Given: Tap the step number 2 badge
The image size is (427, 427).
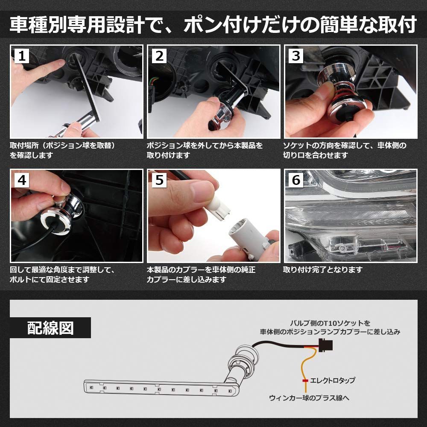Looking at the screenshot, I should (x=159, y=56).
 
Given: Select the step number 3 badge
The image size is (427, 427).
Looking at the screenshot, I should (x=296, y=56).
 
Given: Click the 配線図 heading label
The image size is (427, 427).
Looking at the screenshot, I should (x=50, y=328).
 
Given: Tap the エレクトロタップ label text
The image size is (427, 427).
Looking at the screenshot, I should (x=332, y=380).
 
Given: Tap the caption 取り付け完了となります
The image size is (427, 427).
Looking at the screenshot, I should (x=323, y=270).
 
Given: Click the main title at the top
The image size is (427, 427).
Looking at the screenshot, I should (x=213, y=25).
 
